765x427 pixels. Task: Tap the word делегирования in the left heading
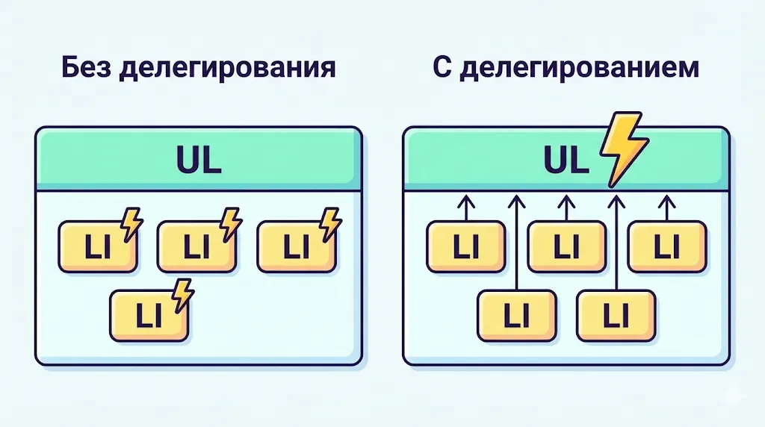[x=228, y=68]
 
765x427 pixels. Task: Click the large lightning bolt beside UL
[x=623, y=149]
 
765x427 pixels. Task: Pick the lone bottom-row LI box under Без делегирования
[x=147, y=316]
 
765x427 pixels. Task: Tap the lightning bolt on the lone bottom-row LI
[x=182, y=293]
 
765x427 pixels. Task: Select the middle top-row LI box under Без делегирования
[x=196, y=247]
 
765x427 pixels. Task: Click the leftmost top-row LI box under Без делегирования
[x=96, y=247]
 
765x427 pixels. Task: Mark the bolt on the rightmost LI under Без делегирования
[x=329, y=222]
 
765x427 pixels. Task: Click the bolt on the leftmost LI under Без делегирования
[x=131, y=222]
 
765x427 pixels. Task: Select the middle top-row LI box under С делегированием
[x=566, y=247]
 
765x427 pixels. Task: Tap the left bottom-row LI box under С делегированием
[x=516, y=316]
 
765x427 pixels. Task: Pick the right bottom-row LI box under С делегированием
[x=616, y=316]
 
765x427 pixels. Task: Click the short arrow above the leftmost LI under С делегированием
[x=466, y=207]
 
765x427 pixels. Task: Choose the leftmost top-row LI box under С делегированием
[x=466, y=247]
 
